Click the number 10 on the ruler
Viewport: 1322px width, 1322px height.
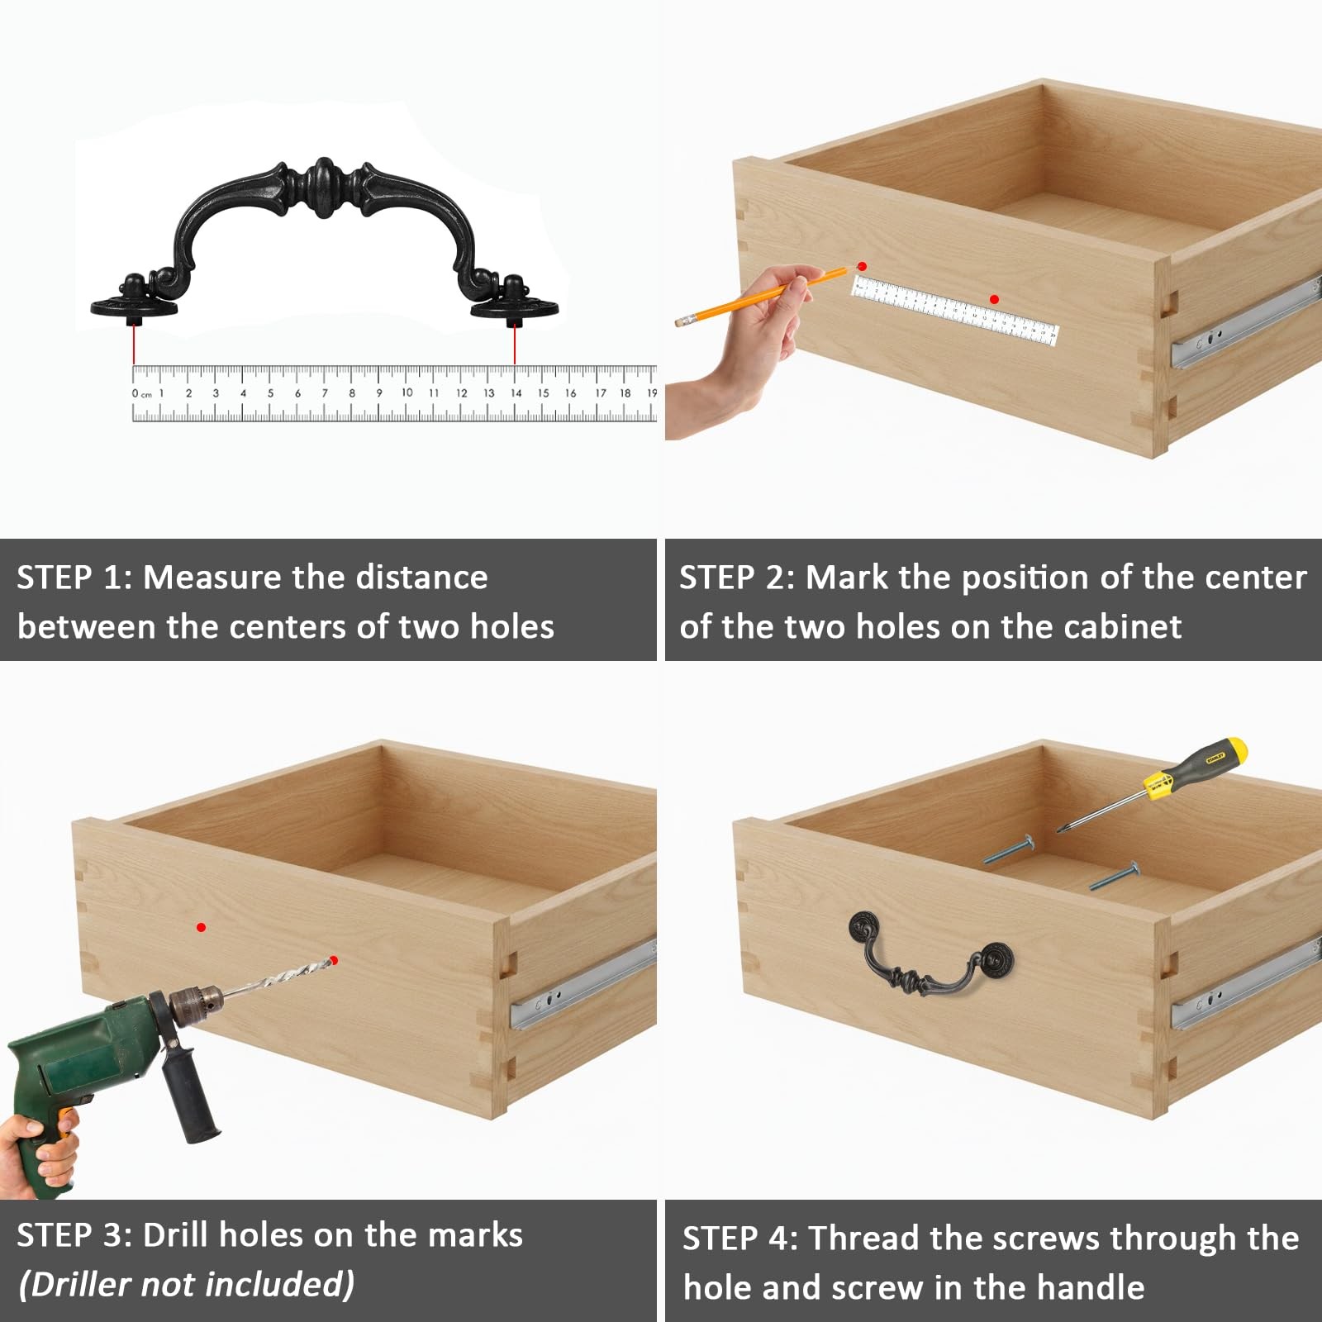407,392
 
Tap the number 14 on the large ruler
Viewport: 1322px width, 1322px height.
516,393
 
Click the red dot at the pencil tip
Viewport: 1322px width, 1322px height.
862,266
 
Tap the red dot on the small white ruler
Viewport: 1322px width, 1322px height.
994,299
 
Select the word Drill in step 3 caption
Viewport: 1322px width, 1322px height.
176,1235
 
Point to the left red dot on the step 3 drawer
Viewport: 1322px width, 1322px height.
201,928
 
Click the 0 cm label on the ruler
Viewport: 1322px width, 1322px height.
142,393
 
